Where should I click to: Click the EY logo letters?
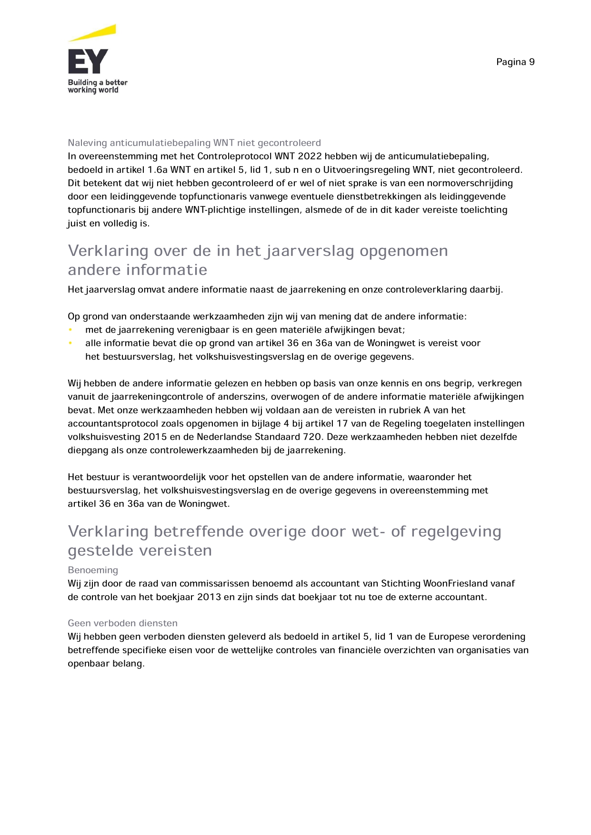[88, 61]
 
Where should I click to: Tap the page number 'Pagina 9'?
[515, 62]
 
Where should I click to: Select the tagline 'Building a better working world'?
[98, 86]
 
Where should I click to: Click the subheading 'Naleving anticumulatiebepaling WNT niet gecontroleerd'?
[194, 143]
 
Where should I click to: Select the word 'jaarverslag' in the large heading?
[310, 251]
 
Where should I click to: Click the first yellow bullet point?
[70, 330]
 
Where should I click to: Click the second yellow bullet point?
[70, 343]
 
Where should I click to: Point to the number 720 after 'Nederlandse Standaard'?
[312, 437]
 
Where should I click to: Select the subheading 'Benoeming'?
[93, 570]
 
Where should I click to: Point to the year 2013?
[209, 597]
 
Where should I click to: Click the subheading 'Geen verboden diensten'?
[122, 623]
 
